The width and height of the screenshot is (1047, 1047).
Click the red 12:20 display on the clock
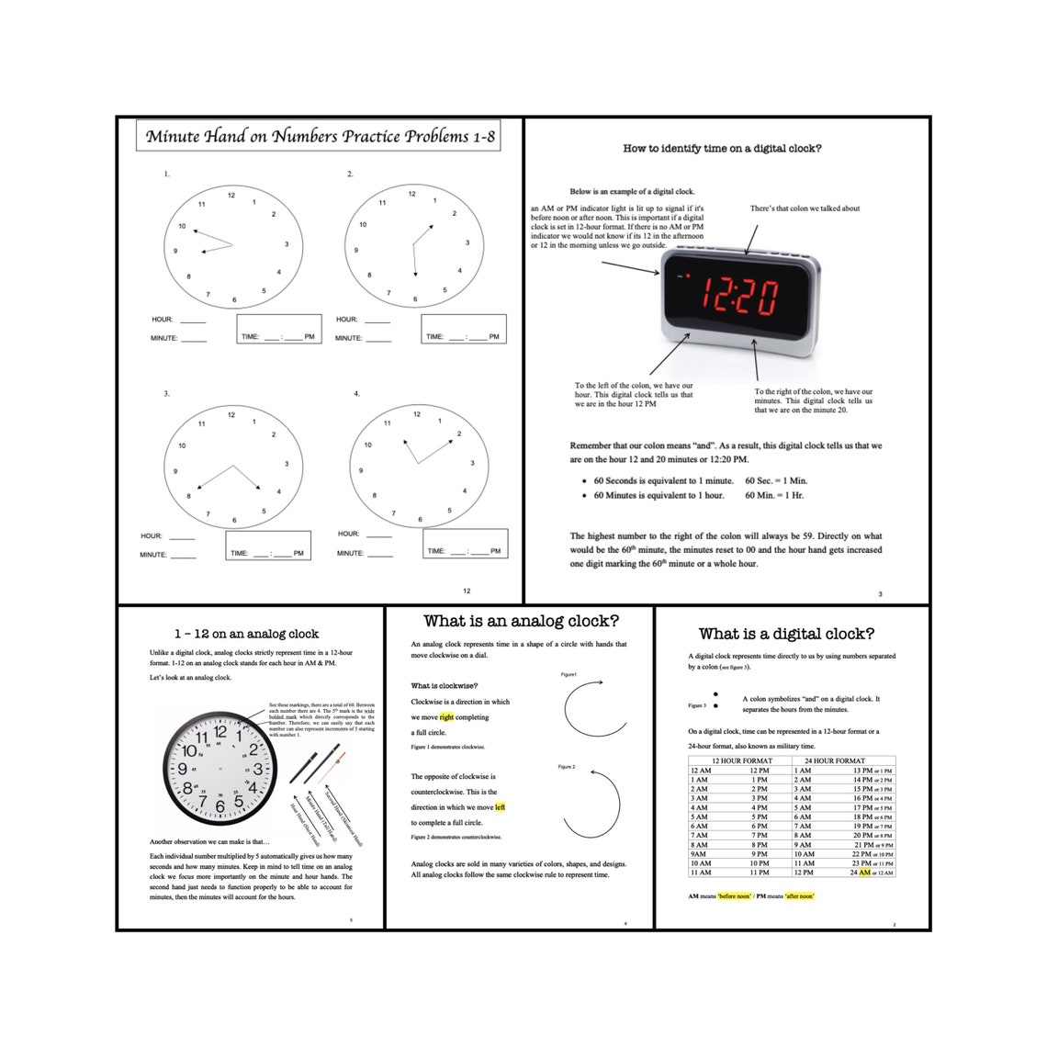click(x=739, y=296)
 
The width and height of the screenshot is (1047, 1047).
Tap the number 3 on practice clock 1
click(x=287, y=244)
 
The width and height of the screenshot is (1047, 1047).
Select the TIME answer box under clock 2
click(x=463, y=329)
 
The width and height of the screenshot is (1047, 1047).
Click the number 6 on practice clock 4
click(x=421, y=520)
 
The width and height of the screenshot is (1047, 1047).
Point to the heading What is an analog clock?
click(x=521, y=622)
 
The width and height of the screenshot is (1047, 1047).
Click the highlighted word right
click(x=446, y=717)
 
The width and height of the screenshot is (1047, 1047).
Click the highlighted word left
click(x=500, y=807)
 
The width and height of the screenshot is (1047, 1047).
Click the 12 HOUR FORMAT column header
click(x=741, y=760)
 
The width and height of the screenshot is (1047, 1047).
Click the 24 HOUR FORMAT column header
click(x=834, y=760)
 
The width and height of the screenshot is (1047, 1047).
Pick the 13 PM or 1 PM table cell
click(x=872, y=771)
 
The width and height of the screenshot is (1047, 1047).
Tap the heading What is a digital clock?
click(x=786, y=634)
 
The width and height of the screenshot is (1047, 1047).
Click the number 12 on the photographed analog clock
click(x=220, y=732)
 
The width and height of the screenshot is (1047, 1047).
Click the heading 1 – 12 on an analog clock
click(x=246, y=634)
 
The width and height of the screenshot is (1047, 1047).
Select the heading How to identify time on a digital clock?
click(x=722, y=149)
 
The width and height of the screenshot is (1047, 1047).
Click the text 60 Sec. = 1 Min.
click(x=776, y=480)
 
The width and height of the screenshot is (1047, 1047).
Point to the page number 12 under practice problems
click(x=467, y=591)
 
